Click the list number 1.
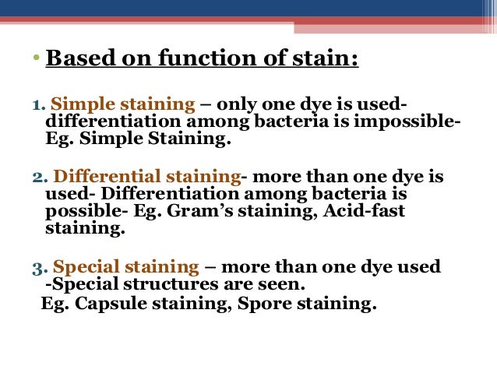[37, 107]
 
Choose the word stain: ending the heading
[326, 59]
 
